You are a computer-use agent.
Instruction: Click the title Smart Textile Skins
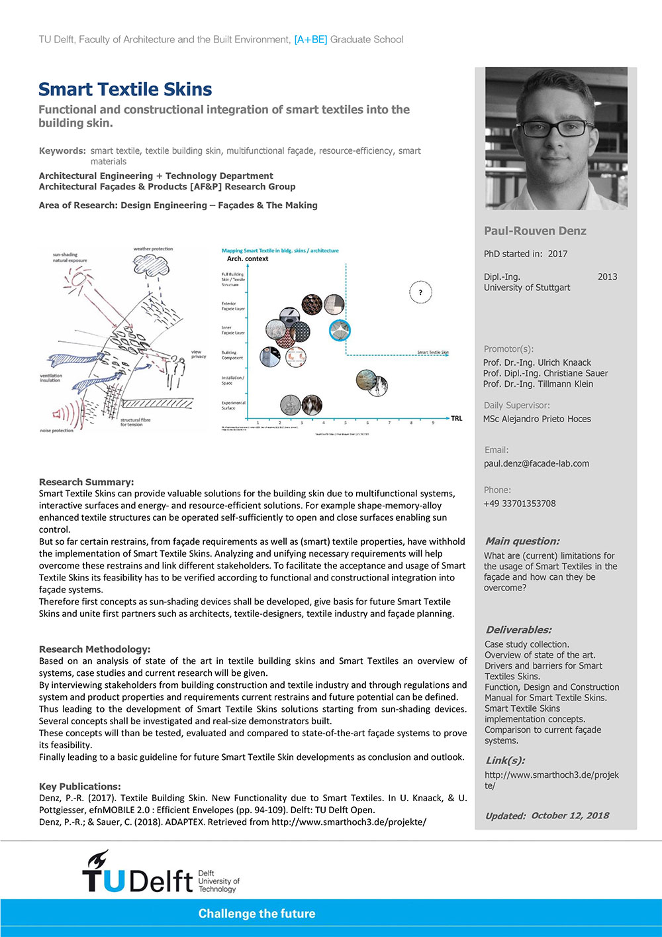click(125, 89)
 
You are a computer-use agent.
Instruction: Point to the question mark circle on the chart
click(420, 292)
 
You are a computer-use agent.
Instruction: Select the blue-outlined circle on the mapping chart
click(340, 330)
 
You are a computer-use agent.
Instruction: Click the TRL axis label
click(457, 418)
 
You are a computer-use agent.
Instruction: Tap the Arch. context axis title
click(248, 259)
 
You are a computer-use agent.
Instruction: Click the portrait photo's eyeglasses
click(556, 128)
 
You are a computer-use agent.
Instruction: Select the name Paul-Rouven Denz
click(535, 231)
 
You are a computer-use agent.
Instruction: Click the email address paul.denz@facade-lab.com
click(536, 464)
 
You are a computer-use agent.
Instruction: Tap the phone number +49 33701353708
click(520, 504)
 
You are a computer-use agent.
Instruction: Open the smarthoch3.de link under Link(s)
click(551, 780)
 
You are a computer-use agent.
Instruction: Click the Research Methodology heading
click(95, 649)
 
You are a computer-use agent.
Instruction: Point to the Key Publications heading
click(80, 787)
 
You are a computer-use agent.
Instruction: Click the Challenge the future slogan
click(257, 914)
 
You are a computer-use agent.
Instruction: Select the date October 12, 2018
click(570, 816)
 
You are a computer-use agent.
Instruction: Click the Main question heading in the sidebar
click(522, 541)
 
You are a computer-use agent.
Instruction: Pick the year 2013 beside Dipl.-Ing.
click(607, 277)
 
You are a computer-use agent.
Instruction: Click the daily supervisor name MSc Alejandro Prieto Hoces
click(537, 419)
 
